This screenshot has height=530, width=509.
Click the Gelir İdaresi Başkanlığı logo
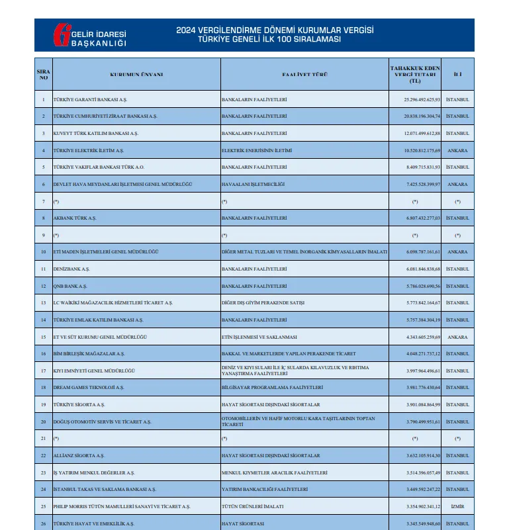tap(90, 35)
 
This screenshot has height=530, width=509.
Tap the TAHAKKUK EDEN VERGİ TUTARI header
tap(414, 74)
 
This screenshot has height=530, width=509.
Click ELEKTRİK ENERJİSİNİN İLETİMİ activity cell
tap(256, 150)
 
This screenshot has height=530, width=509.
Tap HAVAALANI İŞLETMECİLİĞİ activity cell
tap(252, 184)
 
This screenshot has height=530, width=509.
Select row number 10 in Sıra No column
tap(44, 252)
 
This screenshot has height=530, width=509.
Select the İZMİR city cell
tap(457, 507)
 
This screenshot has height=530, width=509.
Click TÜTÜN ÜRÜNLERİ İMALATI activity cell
tap(252, 507)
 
